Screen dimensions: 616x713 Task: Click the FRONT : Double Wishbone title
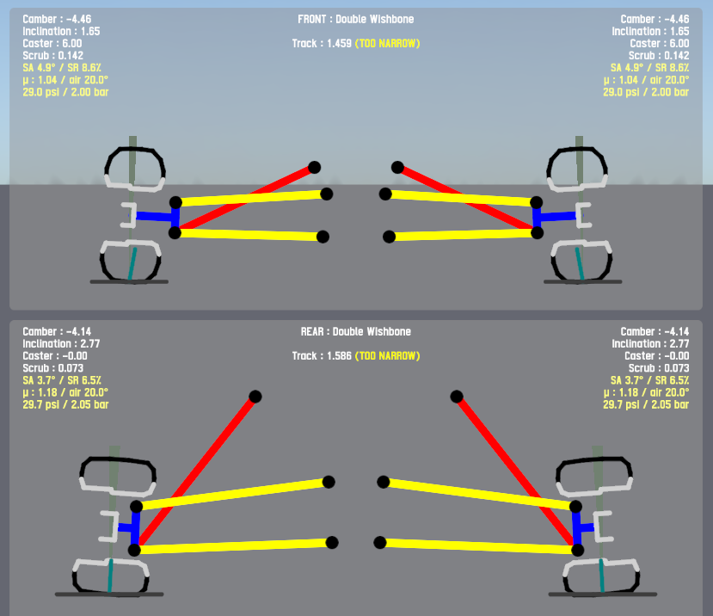pyautogui.click(x=355, y=19)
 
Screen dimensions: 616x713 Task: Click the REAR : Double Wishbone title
pyautogui.click(x=355, y=331)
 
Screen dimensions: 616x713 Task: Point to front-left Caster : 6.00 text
pyautogui.click(x=52, y=43)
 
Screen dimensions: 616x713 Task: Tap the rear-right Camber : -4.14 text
pyautogui.click(x=655, y=331)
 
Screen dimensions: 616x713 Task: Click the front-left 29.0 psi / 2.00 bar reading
pyautogui.click(x=65, y=91)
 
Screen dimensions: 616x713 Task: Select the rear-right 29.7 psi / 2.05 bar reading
pyautogui.click(x=646, y=403)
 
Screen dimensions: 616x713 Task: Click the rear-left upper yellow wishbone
pyautogui.click(x=232, y=495)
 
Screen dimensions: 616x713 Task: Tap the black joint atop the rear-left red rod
pyautogui.click(x=255, y=397)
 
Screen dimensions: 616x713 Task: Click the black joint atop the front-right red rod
pyautogui.click(x=397, y=168)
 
